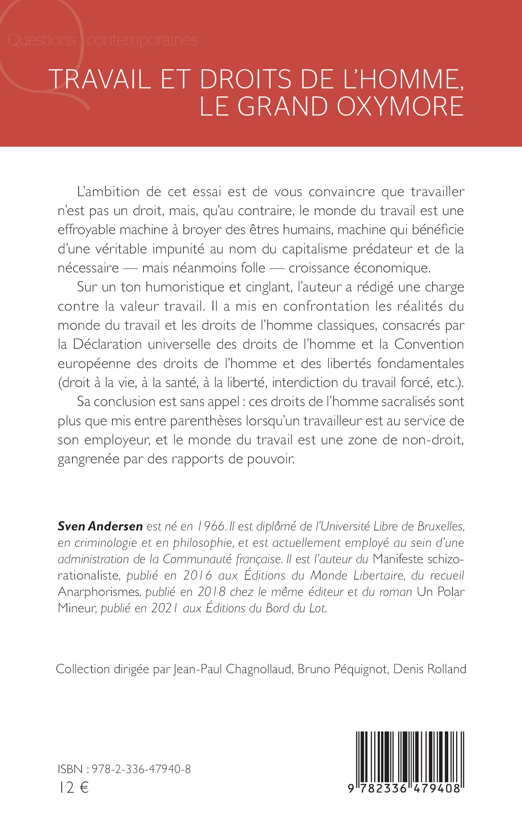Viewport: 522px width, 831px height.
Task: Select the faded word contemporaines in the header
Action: tap(142, 40)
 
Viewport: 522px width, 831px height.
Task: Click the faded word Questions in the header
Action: tap(42, 40)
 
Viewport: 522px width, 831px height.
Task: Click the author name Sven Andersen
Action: tap(100, 526)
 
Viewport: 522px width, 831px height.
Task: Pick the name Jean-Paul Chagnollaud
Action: tap(233, 669)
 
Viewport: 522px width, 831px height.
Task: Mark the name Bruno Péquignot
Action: tap(342, 669)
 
